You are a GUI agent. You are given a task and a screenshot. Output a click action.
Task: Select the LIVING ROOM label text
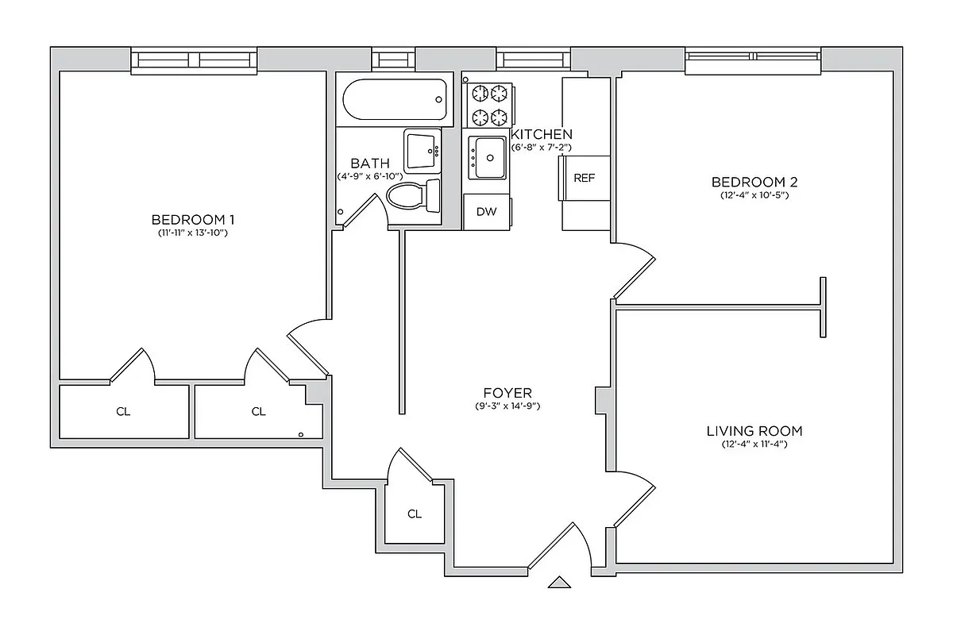[754, 431]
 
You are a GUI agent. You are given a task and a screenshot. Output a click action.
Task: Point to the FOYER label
[507, 393]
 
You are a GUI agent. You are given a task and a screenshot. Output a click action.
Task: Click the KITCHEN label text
[542, 134]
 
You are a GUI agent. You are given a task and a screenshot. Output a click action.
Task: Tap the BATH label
[369, 163]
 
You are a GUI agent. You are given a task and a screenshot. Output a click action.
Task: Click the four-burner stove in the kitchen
[489, 106]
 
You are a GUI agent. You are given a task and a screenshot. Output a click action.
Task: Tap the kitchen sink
[487, 157]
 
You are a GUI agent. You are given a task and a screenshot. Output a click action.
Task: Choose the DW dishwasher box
[487, 212]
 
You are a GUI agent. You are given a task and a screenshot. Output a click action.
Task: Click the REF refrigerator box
[584, 178]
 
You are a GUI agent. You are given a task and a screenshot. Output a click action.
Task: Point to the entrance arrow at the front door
[560, 583]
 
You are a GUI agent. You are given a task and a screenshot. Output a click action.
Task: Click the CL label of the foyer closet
[414, 514]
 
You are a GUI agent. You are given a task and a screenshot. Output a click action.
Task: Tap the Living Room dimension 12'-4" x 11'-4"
[754, 444]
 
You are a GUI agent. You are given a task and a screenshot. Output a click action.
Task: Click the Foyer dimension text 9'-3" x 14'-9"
[507, 406]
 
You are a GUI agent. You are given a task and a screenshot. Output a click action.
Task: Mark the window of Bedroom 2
[753, 62]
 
